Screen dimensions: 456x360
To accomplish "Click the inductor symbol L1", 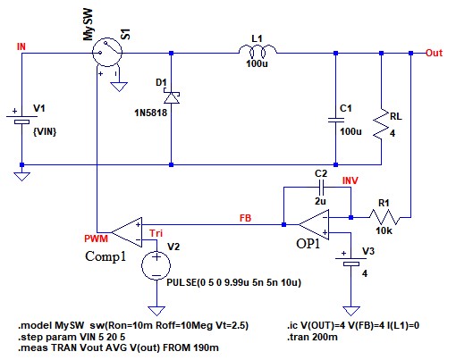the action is click(258, 51).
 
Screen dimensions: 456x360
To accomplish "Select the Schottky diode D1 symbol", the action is click(172, 97).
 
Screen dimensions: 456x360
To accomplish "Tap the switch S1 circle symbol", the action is click(107, 53).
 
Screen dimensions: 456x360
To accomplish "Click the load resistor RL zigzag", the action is click(381, 126).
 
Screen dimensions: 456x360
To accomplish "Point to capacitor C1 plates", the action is click(336, 120).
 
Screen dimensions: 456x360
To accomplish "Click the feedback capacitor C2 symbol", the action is click(321, 188).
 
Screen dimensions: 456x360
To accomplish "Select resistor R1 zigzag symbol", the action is click(384, 217).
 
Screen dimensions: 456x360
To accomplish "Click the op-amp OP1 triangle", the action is click(314, 224).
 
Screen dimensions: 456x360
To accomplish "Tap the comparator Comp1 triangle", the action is click(127, 232).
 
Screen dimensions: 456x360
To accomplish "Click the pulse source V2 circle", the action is click(156, 265).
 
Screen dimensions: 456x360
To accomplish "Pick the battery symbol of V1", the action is click(21, 119).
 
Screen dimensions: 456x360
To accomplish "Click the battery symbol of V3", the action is click(350, 261).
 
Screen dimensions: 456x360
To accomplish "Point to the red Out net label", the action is click(434, 53).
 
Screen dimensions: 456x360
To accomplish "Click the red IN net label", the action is click(21, 46).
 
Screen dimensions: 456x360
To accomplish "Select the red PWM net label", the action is click(96, 239).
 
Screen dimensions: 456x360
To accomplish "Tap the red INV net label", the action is click(350, 180).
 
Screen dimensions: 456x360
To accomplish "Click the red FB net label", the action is click(246, 218).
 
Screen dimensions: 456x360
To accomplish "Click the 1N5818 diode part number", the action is click(151, 113).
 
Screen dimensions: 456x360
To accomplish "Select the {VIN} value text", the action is click(45, 131).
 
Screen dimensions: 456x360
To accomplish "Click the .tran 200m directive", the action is click(312, 337).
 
